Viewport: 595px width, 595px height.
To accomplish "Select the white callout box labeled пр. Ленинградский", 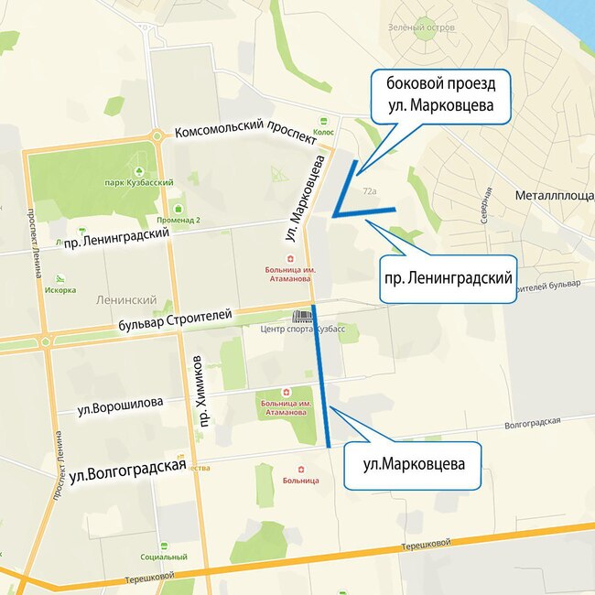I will tap(446, 276).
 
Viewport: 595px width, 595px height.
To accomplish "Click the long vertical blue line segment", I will tap(321, 375).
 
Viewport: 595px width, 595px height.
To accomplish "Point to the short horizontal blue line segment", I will tap(364, 213).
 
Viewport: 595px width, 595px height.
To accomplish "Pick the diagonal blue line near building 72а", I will tap(346, 187).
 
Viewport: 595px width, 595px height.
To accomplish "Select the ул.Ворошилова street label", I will tap(121, 403).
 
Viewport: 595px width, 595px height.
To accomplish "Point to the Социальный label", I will tap(164, 557).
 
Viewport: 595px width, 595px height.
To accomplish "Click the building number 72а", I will tap(370, 191).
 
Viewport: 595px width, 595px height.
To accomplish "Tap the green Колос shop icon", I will tap(323, 120).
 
